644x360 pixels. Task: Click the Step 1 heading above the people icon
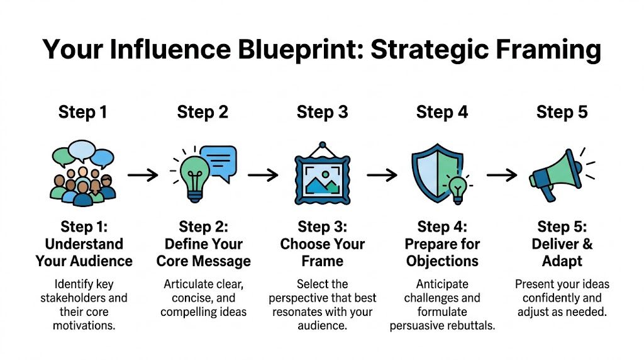82,113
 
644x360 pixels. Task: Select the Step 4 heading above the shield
442,113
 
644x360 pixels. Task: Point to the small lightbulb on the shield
457,187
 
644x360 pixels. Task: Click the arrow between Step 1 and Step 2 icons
143,174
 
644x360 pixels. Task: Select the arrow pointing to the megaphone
502,174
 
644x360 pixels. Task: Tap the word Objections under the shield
442,261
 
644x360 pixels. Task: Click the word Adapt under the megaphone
562,261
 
